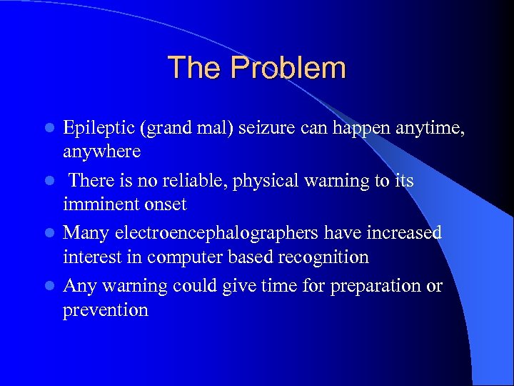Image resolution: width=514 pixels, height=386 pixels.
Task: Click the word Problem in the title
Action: click(x=288, y=69)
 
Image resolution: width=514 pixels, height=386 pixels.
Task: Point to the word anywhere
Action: click(x=102, y=152)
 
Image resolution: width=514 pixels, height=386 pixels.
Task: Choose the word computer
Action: click(x=200, y=257)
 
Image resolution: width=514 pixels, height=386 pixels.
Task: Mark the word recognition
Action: click(x=325, y=257)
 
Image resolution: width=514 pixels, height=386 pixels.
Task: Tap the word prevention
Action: click(x=106, y=310)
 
